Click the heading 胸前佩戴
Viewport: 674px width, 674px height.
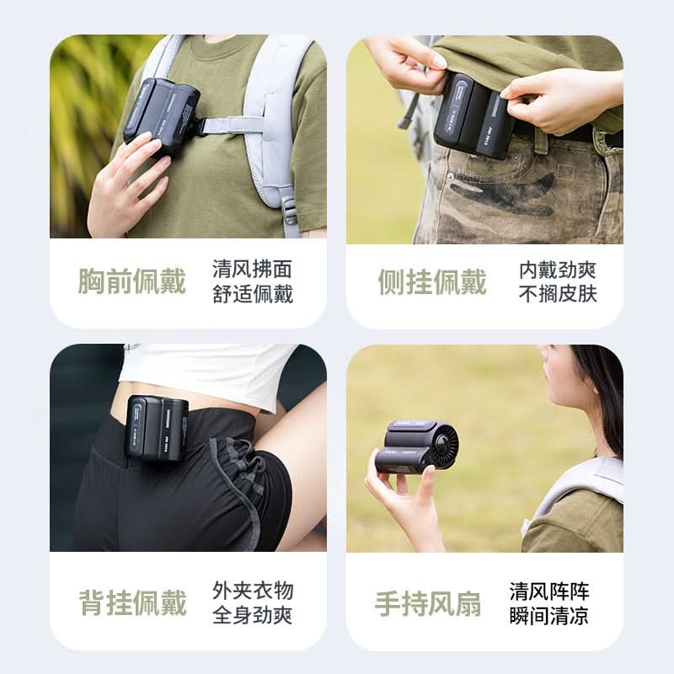[x=132, y=281]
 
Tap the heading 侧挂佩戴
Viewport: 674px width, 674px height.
[x=432, y=282]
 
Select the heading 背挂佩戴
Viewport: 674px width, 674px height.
[x=133, y=602]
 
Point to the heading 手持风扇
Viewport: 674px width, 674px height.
[x=428, y=603]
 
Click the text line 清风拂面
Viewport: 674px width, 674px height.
[x=252, y=269]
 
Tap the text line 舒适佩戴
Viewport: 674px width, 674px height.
[x=253, y=294]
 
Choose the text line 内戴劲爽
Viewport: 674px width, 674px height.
[x=558, y=270]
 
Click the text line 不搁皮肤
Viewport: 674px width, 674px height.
[x=558, y=294]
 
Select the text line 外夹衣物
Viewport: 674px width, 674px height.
[x=253, y=591]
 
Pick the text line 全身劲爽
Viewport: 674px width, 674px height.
[x=252, y=615]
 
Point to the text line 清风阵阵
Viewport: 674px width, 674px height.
[x=549, y=591]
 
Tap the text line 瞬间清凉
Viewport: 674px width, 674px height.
[x=549, y=616]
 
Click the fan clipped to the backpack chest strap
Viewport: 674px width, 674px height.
[x=161, y=115]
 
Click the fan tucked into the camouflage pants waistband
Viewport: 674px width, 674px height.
[x=473, y=115]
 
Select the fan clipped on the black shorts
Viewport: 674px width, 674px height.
[x=157, y=428]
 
